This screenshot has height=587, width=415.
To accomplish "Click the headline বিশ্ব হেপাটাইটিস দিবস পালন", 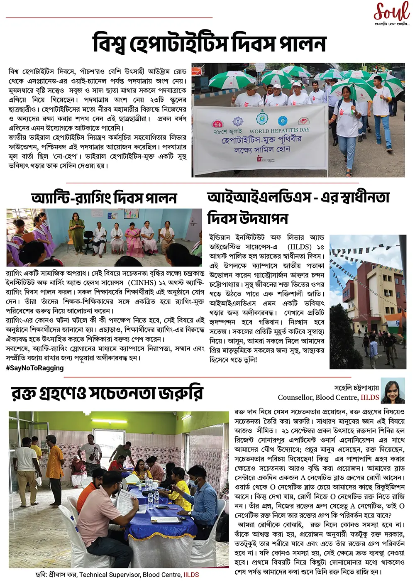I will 210,44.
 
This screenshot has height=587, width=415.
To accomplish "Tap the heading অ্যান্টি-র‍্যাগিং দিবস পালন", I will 104,198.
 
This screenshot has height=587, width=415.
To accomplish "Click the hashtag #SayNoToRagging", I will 35,368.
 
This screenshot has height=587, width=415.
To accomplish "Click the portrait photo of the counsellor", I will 393,391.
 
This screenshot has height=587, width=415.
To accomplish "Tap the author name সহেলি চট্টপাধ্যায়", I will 356,388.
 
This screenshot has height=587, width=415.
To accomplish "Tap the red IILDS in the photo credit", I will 191,575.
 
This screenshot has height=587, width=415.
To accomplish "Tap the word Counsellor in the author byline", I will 295,398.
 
